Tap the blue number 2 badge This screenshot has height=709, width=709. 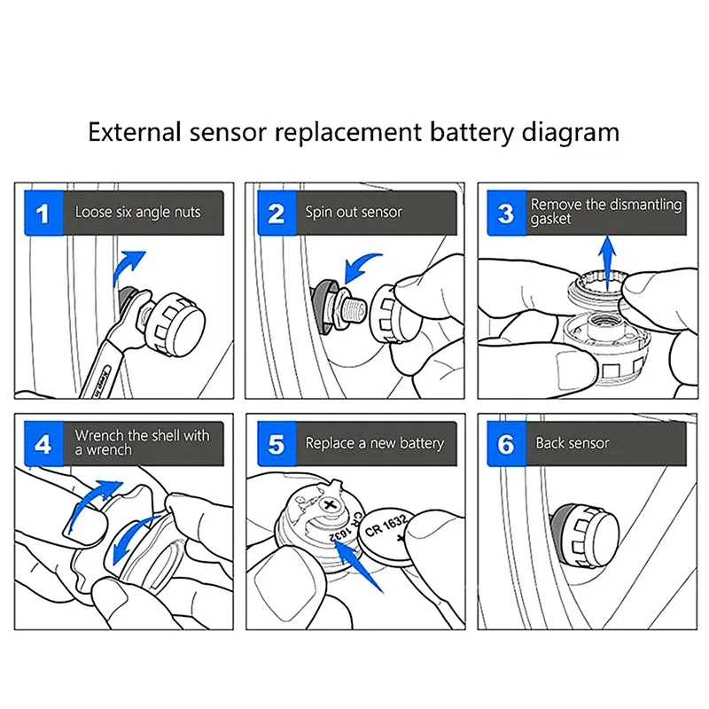[276, 214]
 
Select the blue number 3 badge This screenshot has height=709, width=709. [506, 214]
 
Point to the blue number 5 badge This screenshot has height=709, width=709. [276, 443]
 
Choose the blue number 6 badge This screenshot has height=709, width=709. [506, 443]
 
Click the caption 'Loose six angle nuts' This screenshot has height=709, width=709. [137, 213]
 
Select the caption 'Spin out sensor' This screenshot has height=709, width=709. [354, 213]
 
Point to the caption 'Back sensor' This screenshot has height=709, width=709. [573, 442]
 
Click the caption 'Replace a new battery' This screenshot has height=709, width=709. [375, 442]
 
